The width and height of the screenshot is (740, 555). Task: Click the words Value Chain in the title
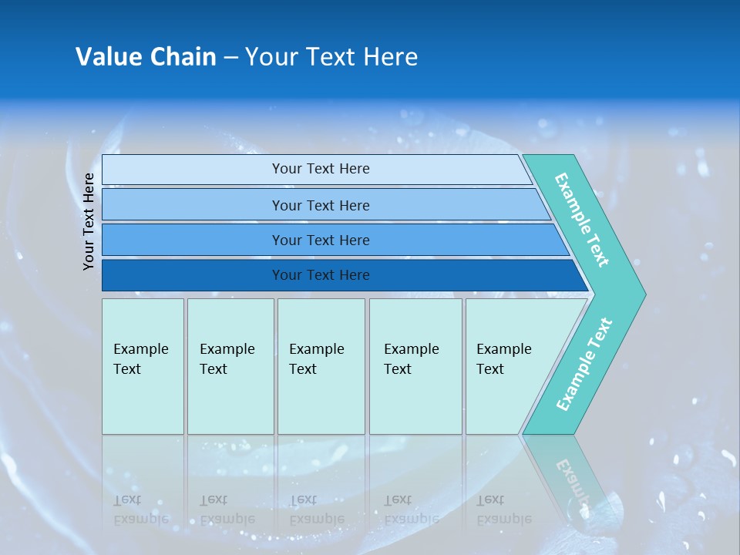pyautogui.click(x=146, y=56)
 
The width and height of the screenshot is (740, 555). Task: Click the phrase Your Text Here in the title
pyautogui.click(x=331, y=56)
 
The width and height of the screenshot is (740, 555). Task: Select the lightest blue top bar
pyautogui.click(x=193, y=169)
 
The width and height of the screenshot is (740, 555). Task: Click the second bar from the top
pyautogui.click(x=193, y=205)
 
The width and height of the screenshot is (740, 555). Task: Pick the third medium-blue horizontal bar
pyautogui.click(x=193, y=240)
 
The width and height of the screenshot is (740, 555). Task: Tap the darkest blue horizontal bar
pyautogui.click(x=193, y=275)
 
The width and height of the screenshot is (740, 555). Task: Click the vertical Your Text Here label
pyautogui.click(x=89, y=221)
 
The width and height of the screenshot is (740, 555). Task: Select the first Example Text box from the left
pyautogui.click(x=143, y=366)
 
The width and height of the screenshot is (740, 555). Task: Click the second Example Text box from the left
pyautogui.click(x=230, y=366)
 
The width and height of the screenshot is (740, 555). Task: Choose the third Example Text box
pyautogui.click(x=321, y=366)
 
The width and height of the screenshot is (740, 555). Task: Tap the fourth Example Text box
pyautogui.click(x=415, y=366)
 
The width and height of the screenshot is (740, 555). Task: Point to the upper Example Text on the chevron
pyautogui.click(x=582, y=220)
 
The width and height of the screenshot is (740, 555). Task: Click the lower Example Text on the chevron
pyautogui.click(x=584, y=365)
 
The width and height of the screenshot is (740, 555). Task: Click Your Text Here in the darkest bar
pyautogui.click(x=321, y=275)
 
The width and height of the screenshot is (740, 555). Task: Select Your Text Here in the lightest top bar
pyautogui.click(x=321, y=169)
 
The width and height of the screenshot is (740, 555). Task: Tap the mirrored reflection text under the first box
pyautogui.click(x=140, y=510)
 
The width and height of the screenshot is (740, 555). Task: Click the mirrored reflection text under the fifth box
pyautogui.click(x=503, y=510)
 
